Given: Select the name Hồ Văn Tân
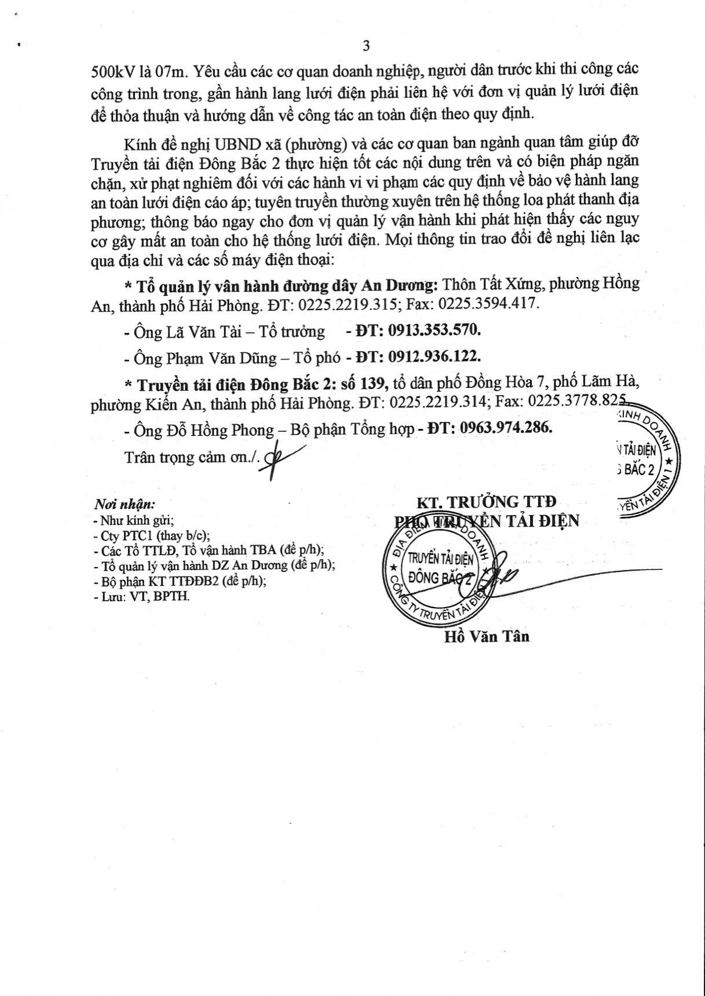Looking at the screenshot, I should tap(487, 637).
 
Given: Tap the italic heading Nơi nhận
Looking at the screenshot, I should tap(124, 503).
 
